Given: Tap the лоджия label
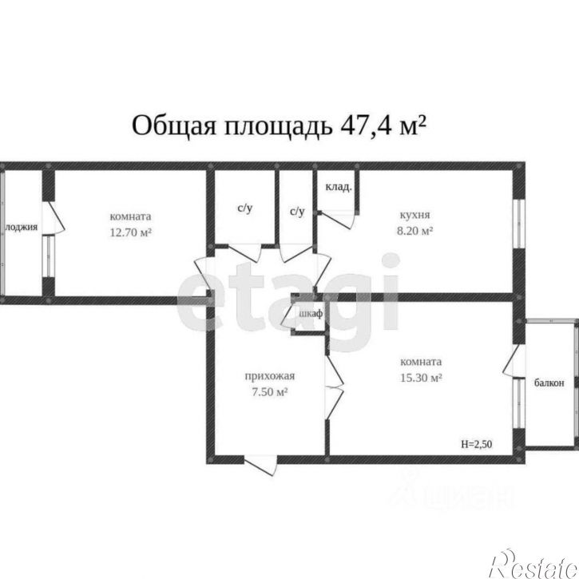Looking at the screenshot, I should coord(22,227).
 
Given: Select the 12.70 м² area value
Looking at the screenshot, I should coord(131,232).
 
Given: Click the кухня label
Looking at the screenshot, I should coord(415,215).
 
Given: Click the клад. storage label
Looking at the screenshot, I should coord(339,188).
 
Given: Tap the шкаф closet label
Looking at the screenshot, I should coord(310,314).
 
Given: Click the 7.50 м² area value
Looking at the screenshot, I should coord(267,392).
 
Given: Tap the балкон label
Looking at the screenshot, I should coord(549,383).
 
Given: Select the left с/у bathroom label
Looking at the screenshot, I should coord(245,208).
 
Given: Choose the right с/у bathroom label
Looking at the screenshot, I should coord(296,212).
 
